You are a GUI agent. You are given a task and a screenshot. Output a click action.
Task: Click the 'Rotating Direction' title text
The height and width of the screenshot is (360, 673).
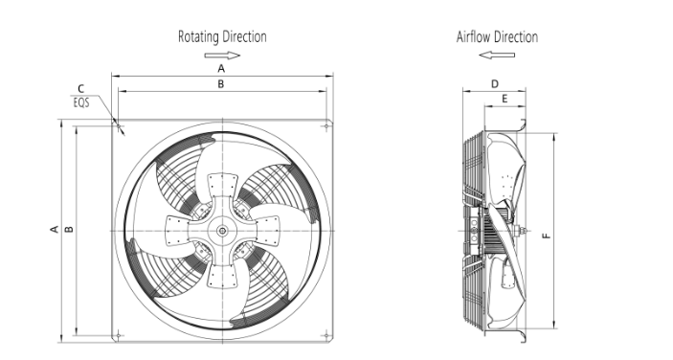click(222, 37)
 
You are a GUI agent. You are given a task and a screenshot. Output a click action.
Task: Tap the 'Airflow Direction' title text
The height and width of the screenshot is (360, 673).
click(497, 37)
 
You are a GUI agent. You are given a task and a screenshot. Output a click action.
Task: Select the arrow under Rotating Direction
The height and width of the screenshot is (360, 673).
click(222, 55)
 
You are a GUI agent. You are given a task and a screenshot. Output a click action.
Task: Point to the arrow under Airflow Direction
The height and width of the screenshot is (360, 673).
click(497, 55)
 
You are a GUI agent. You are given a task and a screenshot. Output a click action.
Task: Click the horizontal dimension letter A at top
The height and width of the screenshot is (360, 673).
click(221, 68)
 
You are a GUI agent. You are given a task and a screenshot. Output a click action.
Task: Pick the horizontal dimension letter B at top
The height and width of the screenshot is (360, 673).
click(220, 84)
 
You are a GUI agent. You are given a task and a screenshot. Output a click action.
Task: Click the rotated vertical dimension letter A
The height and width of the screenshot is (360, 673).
click(55, 229)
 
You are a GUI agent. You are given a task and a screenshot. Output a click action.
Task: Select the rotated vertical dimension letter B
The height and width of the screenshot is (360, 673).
click(69, 230)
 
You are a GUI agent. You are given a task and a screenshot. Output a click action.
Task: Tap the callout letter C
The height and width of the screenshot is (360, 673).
click(81, 89)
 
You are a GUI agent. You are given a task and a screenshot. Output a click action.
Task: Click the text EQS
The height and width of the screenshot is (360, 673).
click(81, 103)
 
